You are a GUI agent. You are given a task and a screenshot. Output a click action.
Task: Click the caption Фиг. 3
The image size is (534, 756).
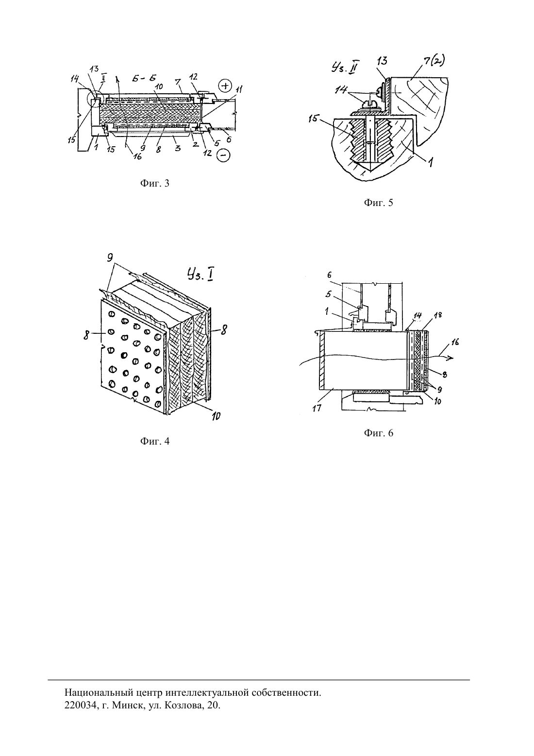155,183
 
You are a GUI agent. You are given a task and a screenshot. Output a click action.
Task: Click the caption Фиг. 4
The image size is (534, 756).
155,441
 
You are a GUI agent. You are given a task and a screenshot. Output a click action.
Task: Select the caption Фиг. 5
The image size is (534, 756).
379,203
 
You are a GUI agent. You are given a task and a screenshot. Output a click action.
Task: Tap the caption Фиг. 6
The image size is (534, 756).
379,433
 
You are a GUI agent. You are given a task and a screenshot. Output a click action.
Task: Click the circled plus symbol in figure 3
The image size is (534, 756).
224,86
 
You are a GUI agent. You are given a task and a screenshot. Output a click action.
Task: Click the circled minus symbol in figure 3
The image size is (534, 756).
224,155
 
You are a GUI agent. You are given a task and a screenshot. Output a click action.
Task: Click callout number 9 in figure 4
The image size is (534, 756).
110,258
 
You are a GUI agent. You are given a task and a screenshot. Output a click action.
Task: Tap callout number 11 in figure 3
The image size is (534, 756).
239,90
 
